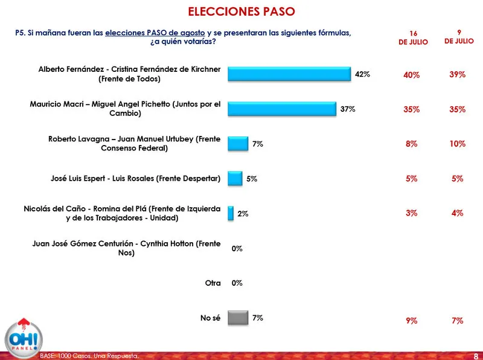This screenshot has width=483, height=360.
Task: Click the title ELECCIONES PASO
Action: tap(241, 11)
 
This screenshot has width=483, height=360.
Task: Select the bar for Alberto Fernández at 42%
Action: tap(289, 74)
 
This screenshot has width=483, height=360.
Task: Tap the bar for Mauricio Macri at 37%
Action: tap(282, 109)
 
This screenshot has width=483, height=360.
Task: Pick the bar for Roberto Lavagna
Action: tap(238, 144)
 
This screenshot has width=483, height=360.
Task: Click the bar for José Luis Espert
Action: tap(235, 179)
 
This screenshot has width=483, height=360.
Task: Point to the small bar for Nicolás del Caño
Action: tap(231, 213)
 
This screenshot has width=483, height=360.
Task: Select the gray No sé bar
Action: tap(238, 318)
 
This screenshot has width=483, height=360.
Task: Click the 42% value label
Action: tap(362, 74)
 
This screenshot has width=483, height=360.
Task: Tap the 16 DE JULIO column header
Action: tap(413, 37)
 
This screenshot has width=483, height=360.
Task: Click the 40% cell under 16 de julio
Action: tap(411, 75)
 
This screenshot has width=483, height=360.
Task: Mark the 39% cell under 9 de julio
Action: tap(457, 75)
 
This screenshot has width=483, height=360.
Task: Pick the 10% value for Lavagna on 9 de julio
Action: tap(457, 144)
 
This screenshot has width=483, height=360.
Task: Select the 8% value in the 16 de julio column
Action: tap(411, 144)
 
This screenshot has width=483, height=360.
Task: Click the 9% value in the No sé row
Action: tap(411, 321)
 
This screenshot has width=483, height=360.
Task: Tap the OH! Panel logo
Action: tap(21, 336)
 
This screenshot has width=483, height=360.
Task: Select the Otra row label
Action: tap(213, 283)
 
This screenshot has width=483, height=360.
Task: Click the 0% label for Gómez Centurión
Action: tap(237, 248)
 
